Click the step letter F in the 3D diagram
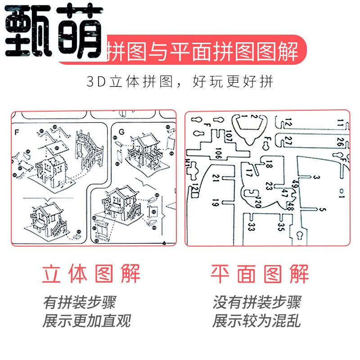(x=17, y=132)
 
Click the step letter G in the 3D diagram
(x=121, y=132)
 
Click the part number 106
(x=218, y=153)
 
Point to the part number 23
(x=269, y=185)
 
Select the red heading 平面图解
(x=260, y=274)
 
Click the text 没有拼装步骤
(x=256, y=302)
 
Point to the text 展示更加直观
(x=86, y=321)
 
